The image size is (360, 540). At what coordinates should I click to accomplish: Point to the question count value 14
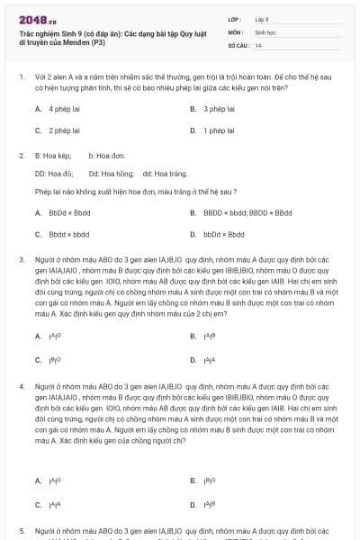[x=258, y=44]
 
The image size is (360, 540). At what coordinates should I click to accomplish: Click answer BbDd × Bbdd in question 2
[x=69, y=213]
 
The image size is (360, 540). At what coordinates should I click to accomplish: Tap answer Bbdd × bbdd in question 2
[x=68, y=235]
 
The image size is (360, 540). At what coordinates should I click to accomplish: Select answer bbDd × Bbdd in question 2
[x=224, y=235]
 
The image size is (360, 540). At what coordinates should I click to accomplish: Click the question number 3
[x=21, y=259]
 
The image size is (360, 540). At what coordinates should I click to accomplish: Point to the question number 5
[x=21, y=531]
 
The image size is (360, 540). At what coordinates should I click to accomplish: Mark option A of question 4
[x=55, y=481]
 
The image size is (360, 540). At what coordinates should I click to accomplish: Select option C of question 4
[x=55, y=504]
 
